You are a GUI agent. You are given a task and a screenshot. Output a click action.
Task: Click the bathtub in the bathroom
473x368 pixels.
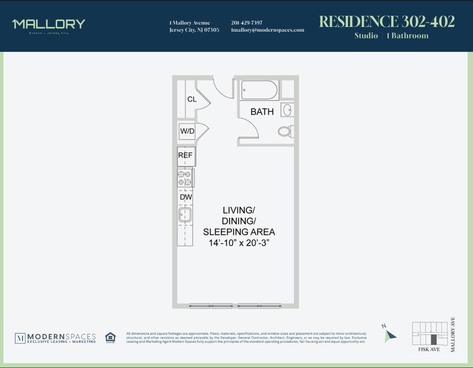click(x=259, y=90)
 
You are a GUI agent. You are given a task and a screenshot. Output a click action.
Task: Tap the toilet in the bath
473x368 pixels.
click(x=285, y=131)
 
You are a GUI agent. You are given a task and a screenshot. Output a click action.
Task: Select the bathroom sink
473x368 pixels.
click(x=288, y=110)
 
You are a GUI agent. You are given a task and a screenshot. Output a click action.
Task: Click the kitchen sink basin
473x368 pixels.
click(x=185, y=215)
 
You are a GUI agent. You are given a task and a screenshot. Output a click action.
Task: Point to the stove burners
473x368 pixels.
click(x=185, y=178)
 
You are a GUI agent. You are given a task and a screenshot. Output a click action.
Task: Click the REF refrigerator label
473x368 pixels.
click(x=185, y=155)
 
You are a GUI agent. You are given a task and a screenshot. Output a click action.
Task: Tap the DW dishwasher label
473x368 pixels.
click(x=185, y=197)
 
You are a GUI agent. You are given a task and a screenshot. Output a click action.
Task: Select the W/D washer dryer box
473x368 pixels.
click(x=187, y=131)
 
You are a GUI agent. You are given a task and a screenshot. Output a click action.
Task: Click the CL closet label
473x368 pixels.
click(x=192, y=99)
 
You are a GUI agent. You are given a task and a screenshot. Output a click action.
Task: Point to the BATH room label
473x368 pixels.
click(x=262, y=112)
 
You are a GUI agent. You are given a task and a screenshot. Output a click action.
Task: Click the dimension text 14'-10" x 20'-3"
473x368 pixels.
click(x=239, y=243)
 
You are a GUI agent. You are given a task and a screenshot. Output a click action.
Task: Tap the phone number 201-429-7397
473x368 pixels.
click(x=246, y=23)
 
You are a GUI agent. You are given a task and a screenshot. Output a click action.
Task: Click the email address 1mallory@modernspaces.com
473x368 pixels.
click(x=267, y=30)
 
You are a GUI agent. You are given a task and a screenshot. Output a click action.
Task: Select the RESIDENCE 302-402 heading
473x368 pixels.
click(x=387, y=22)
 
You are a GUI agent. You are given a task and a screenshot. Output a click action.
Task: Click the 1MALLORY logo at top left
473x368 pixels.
click(x=49, y=25)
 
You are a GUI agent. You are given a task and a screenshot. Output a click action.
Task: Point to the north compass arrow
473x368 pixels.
click(x=390, y=336)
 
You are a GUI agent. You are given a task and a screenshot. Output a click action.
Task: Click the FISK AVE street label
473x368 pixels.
click(x=429, y=349)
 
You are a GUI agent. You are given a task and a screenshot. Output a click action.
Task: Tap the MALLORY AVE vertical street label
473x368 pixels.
click(x=453, y=334)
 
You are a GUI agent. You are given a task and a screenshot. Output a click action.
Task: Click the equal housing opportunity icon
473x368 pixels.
click(x=110, y=338)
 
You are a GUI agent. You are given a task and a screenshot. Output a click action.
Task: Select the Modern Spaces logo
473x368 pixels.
click(x=55, y=338)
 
